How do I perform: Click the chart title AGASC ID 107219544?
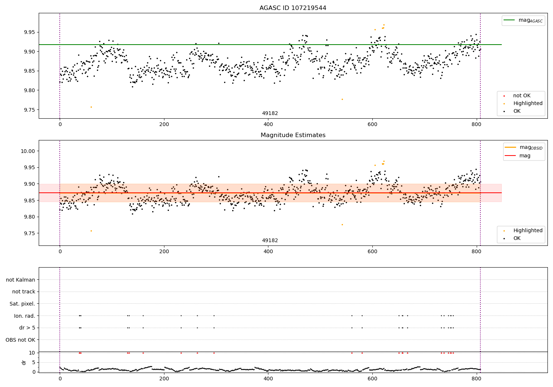293,8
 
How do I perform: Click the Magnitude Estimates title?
293,135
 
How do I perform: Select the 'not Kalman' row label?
21,280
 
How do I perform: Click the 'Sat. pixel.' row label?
22,304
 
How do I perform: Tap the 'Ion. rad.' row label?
24,316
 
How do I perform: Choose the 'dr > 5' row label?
27,328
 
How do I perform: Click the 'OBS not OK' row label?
20,340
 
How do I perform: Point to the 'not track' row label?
24,292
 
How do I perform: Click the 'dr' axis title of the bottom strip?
24,362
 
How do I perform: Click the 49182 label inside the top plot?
270,114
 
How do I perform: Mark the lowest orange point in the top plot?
91,107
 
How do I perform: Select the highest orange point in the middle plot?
384,161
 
